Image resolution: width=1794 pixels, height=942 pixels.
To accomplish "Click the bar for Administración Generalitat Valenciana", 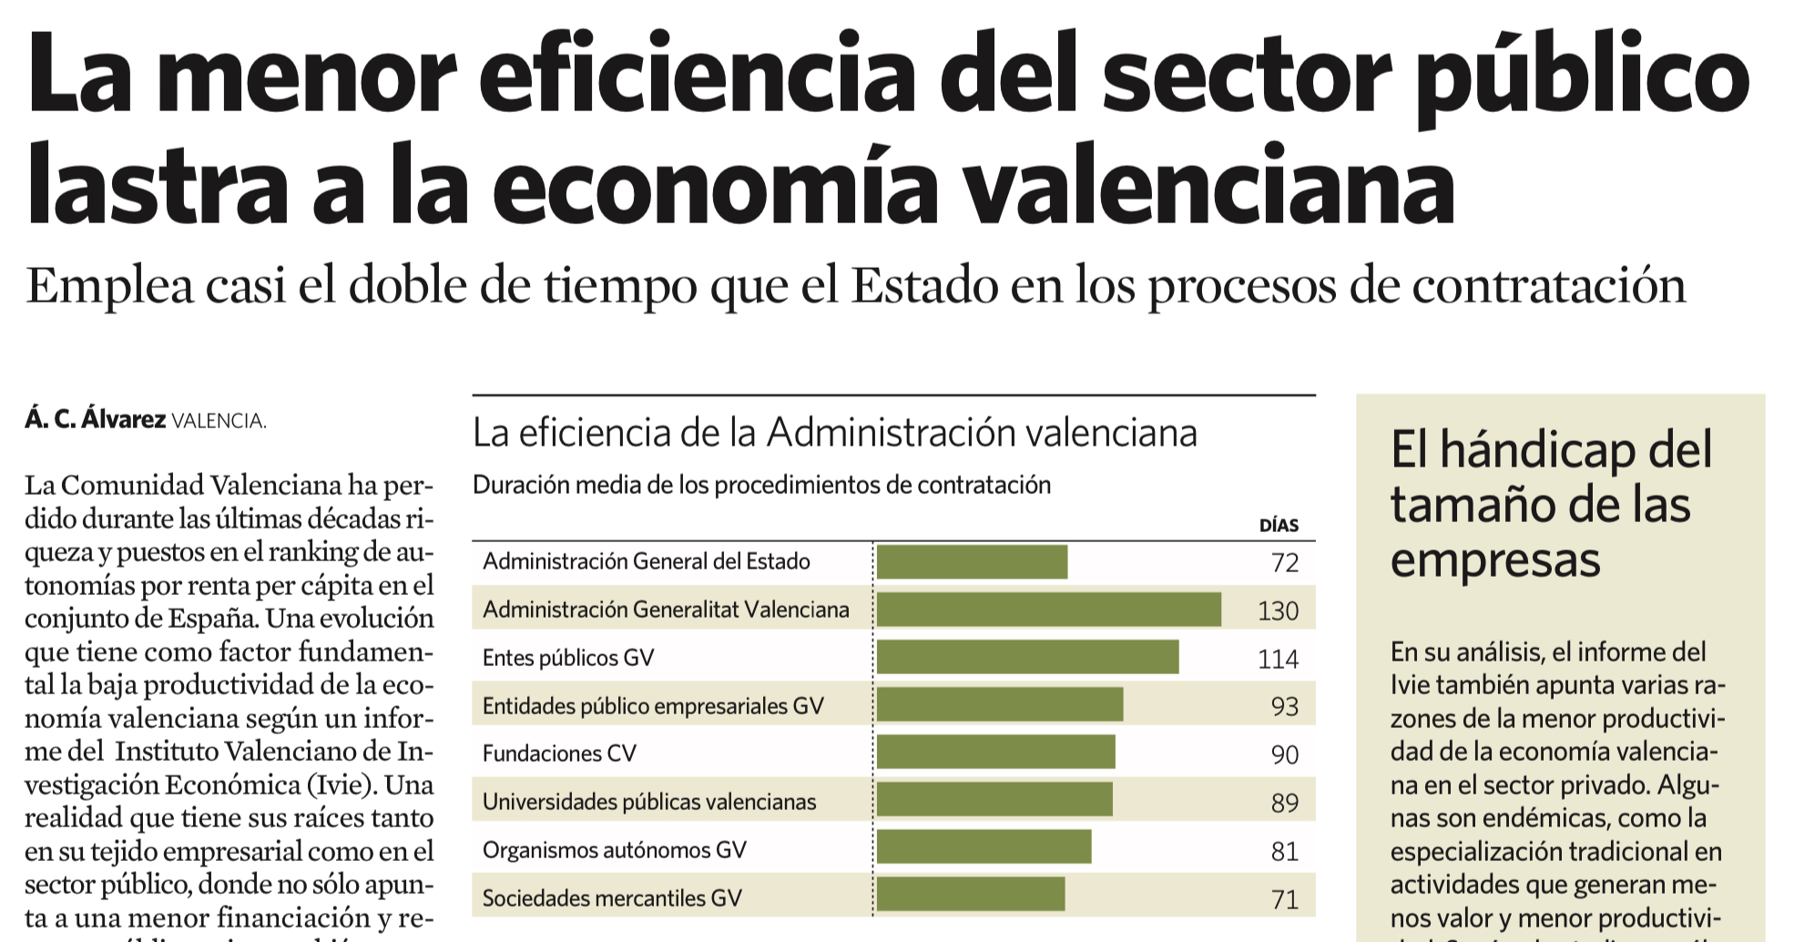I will tap(1048, 609).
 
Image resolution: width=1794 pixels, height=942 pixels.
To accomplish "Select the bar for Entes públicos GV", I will tap(1027, 657).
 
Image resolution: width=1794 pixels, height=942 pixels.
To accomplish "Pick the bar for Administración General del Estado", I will tap(972, 562).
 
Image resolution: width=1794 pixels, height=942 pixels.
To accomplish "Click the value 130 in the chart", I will tap(1278, 611).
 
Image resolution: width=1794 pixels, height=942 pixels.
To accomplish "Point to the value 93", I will tap(1284, 707).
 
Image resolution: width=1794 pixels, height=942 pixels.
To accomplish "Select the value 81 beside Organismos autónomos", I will tap(1284, 852).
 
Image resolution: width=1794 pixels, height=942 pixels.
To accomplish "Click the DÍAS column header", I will tap(1279, 526).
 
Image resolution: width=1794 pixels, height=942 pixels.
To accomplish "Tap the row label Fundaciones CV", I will tap(559, 754).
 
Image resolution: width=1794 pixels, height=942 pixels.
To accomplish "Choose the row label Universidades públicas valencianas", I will tap(649, 803).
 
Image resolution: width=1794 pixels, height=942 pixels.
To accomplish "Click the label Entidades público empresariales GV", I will tap(653, 706).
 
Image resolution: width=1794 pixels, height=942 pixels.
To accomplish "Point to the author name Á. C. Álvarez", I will tap(96, 420).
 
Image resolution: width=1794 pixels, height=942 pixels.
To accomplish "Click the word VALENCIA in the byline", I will tap(219, 422).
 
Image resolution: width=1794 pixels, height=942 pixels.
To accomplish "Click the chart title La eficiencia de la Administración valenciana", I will tap(834, 434).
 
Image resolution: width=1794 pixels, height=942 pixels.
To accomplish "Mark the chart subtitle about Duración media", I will tap(761, 486).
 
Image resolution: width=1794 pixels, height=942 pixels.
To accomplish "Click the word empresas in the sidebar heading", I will tap(1494, 560).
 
